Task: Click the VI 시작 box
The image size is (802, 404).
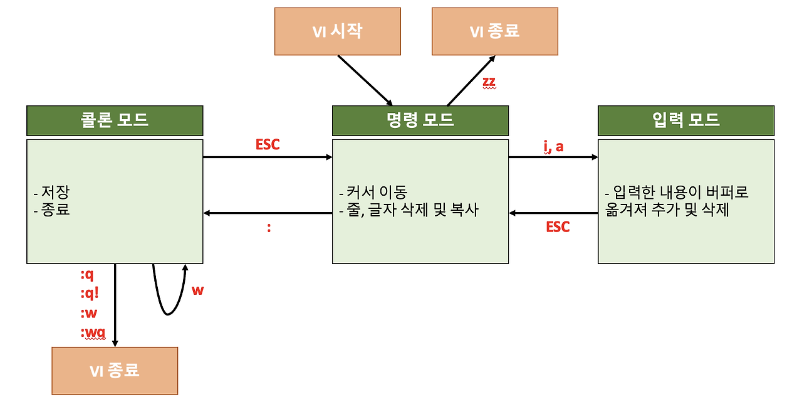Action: click(x=337, y=31)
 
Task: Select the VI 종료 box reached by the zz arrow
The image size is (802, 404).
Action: click(x=494, y=31)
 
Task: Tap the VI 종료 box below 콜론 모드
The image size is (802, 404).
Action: click(x=115, y=371)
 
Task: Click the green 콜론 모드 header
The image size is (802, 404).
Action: click(x=115, y=120)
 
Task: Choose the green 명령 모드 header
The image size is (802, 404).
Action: click(x=420, y=120)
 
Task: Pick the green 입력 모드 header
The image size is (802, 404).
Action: click(x=686, y=120)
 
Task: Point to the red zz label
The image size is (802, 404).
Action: click(x=489, y=82)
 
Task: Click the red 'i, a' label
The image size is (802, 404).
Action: click(x=553, y=146)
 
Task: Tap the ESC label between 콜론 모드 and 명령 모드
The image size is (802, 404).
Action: click(x=268, y=145)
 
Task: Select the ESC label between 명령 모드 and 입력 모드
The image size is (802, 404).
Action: click(x=558, y=227)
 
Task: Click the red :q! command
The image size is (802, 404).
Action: click(x=90, y=293)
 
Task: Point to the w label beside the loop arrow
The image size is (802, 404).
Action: click(x=197, y=290)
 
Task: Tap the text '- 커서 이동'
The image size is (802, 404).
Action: click(x=372, y=192)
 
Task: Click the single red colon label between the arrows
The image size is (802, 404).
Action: click(x=269, y=228)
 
